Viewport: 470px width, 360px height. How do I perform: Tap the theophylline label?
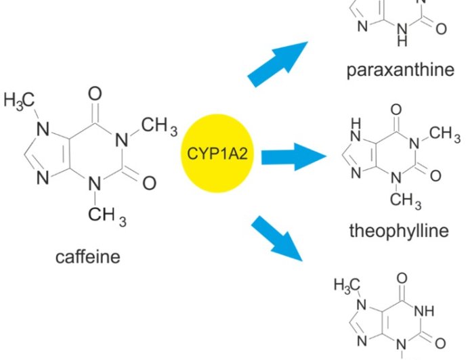point(399,231)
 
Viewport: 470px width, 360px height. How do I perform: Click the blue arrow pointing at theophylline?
point(292,156)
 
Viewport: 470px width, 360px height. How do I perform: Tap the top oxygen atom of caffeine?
point(95,92)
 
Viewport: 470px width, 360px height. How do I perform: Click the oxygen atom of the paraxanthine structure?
point(441,29)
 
